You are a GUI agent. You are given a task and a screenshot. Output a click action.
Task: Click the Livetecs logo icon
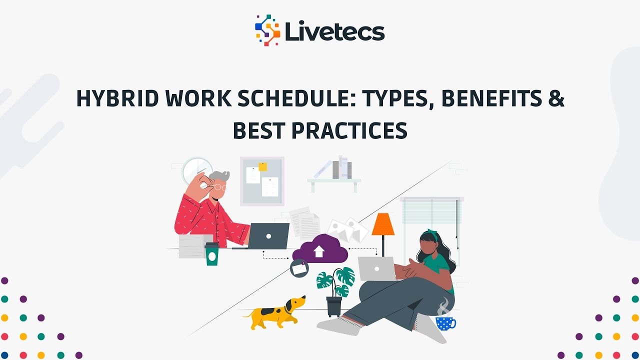click(267, 30)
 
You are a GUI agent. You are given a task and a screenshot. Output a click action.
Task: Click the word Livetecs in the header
click(334, 32)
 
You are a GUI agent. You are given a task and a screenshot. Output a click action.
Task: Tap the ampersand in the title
click(555, 99)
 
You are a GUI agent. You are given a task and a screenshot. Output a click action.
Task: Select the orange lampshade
click(383, 224)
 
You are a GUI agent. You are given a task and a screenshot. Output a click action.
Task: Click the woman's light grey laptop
click(376, 268)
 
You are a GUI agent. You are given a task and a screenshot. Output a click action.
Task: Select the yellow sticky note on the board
click(262, 166)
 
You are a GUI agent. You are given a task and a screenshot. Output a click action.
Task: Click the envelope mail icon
click(299, 268)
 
